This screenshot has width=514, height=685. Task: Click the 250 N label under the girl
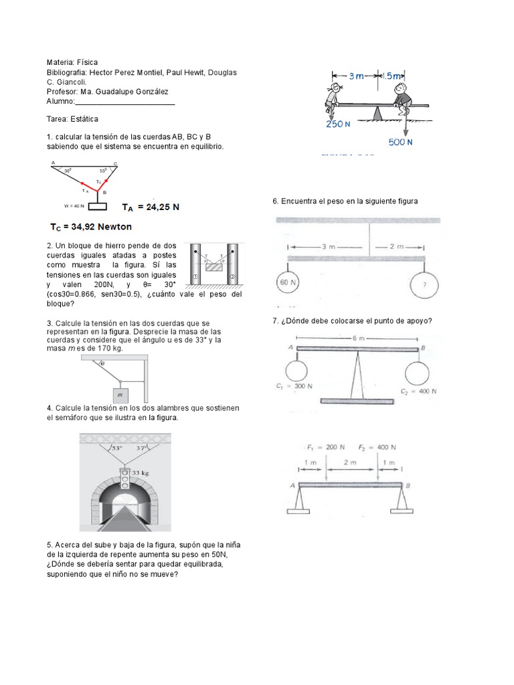coord(334,124)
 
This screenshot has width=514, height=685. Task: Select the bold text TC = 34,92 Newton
coord(91,226)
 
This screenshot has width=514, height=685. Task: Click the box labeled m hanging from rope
coord(120,395)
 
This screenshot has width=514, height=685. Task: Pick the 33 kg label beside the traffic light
coord(139,473)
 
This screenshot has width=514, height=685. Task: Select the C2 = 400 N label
coord(419,390)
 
